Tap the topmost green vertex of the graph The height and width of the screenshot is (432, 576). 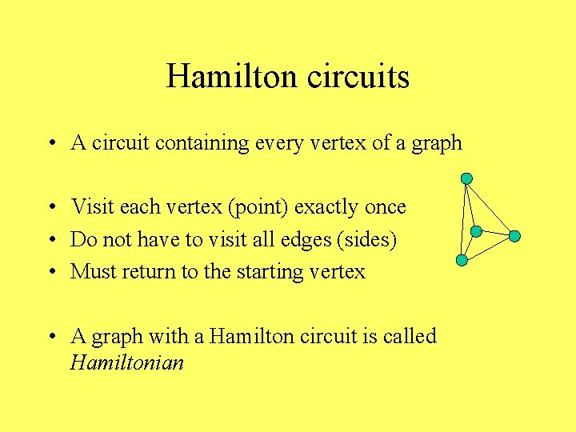(x=466, y=178)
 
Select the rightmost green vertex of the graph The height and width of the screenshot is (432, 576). (x=515, y=236)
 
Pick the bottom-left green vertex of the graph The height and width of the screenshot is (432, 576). (x=462, y=260)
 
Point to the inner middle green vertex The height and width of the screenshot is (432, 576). (x=476, y=231)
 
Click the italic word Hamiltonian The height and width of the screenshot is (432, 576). (x=127, y=363)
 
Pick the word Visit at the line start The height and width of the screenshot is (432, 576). (x=92, y=207)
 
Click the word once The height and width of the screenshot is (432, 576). (x=386, y=207)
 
